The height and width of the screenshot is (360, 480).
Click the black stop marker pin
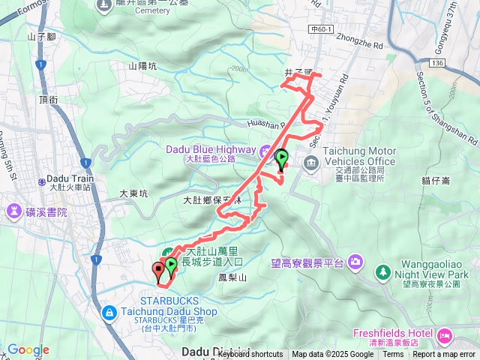[158, 270]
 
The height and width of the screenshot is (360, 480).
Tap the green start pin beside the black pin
[171, 265]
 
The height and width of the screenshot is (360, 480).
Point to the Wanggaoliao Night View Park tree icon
[383, 271]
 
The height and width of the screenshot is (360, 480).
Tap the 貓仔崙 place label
[435, 180]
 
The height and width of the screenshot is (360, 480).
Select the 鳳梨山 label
[232, 277]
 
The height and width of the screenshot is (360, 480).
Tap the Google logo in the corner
[28, 349]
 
